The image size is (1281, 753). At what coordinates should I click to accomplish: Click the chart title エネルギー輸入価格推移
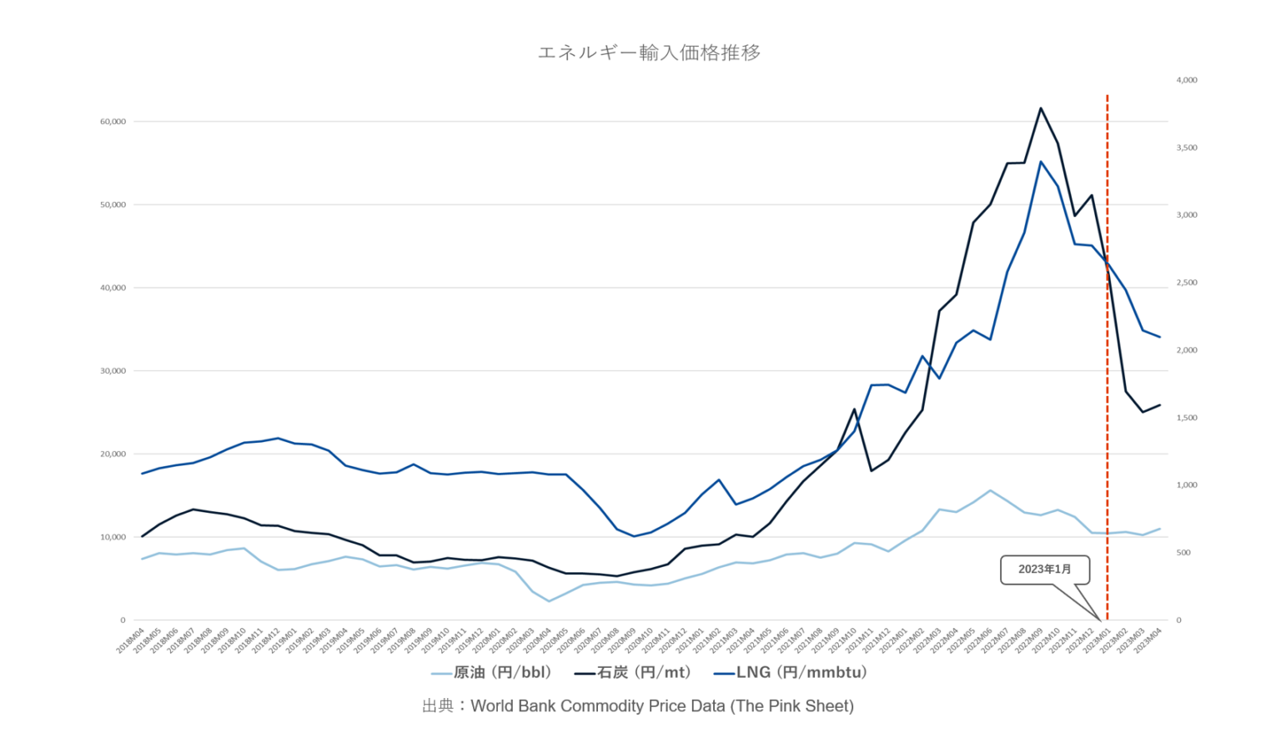(649, 53)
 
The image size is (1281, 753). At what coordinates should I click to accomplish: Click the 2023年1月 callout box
(1044, 570)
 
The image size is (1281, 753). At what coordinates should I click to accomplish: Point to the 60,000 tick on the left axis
(113, 122)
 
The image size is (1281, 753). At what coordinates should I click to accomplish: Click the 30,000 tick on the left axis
(113, 371)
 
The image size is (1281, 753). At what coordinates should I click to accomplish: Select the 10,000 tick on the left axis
(113, 537)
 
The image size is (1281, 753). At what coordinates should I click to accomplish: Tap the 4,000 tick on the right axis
(1187, 80)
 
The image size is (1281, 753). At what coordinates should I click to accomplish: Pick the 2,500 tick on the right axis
(1187, 283)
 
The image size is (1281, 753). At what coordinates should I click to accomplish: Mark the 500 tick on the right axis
(1183, 553)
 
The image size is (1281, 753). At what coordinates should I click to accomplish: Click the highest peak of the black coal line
(1040, 108)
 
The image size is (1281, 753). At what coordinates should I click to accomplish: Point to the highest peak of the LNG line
(1040, 162)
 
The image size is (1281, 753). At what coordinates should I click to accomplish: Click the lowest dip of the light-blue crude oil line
(549, 600)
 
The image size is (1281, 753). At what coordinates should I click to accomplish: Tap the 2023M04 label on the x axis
(1148, 640)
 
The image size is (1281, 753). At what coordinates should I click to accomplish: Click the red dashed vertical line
(1107, 334)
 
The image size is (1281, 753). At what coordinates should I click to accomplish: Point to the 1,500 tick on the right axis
(1187, 418)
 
